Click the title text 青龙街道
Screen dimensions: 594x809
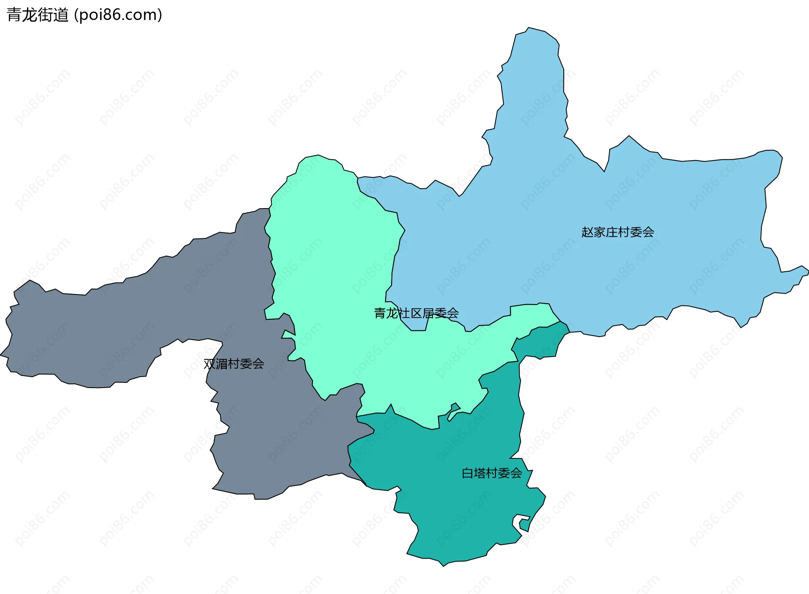pyautogui.click(x=38, y=15)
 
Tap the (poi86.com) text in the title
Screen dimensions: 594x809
pyautogui.click(x=118, y=15)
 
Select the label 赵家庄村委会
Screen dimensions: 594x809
pyautogui.click(x=617, y=232)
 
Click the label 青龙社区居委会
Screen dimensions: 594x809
pyautogui.click(x=416, y=313)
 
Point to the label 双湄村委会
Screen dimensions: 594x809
pyautogui.click(x=234, y=364)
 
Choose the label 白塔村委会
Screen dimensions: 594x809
pyautogui.click(x=492, y=474)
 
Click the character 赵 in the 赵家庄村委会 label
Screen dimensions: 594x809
pyautogui.click(x=587, y=232)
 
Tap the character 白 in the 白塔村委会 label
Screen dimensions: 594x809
pyautogui.click(x=468, y=474)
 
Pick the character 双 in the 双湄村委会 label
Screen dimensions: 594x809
pyautogui.click(x=209, y=364)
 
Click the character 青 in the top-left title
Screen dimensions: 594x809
pyautogui.click(x=14, y=15)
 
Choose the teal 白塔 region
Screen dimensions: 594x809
pyautogui.click(x=455, y=506)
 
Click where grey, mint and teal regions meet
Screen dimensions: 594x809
pyautogui.click(x=357, y=417)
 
